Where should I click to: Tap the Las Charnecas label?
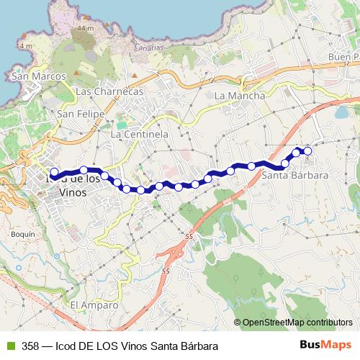(x=109, y=91)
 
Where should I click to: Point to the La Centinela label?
(x=139, y=134)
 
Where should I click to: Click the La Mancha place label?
(x=240, y=95)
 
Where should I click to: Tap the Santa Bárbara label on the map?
(x=295, y=175)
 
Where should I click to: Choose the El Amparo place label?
(x=94, y=305)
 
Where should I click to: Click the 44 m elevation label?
(x=86, y=27)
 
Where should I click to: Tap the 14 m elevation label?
(x=27, y=46)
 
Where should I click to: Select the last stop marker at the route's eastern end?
(x=308, y=150)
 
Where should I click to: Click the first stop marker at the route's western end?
(x=53, y=171)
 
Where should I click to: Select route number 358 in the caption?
(x=30, y=346)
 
